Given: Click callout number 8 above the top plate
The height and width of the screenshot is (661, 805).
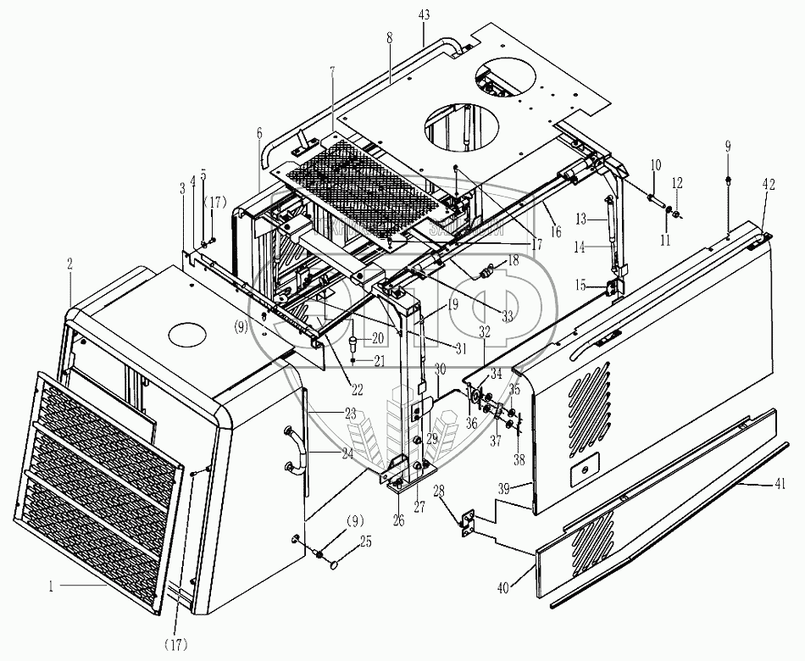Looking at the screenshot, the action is [390, 38].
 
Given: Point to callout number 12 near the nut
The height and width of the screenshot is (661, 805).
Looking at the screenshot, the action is [677, 183].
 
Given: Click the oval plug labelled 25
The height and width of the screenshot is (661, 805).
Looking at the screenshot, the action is [335, 562].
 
